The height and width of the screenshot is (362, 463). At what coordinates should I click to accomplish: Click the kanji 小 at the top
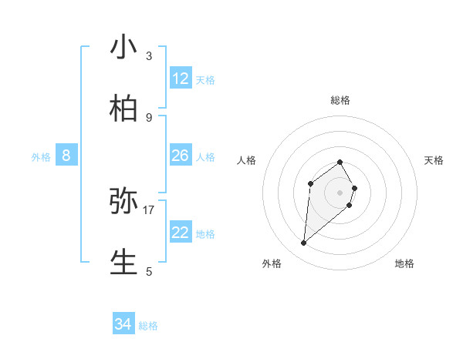(124, 47)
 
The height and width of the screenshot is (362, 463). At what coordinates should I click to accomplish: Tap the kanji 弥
(124, 201)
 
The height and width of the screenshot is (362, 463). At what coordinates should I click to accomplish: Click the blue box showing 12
(181, 79)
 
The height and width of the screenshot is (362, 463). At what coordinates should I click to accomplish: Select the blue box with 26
(181, 156)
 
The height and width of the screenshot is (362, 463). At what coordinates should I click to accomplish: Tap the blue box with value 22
(181, 233)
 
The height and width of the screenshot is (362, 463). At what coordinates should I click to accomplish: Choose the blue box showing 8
(66, 156)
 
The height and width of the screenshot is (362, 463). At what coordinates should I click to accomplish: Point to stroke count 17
(149, 209)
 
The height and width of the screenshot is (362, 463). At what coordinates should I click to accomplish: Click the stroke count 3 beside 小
(149, 55)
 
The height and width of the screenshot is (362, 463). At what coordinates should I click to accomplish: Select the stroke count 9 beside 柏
(149, 117)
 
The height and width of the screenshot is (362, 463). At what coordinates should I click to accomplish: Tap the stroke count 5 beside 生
(149, 271)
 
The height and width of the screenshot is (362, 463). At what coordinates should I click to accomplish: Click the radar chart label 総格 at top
(340, 100)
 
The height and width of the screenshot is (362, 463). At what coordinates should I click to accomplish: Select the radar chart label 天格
(434, 160)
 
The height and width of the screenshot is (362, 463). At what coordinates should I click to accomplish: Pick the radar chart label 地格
(404, 263)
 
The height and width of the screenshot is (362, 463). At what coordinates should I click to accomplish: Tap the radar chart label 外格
(272, 263)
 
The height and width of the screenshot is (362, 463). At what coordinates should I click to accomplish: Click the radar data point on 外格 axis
(304, 243)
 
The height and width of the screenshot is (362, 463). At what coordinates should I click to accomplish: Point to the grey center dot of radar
(340, 193)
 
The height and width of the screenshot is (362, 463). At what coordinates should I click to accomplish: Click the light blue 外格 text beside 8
(41, 157)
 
